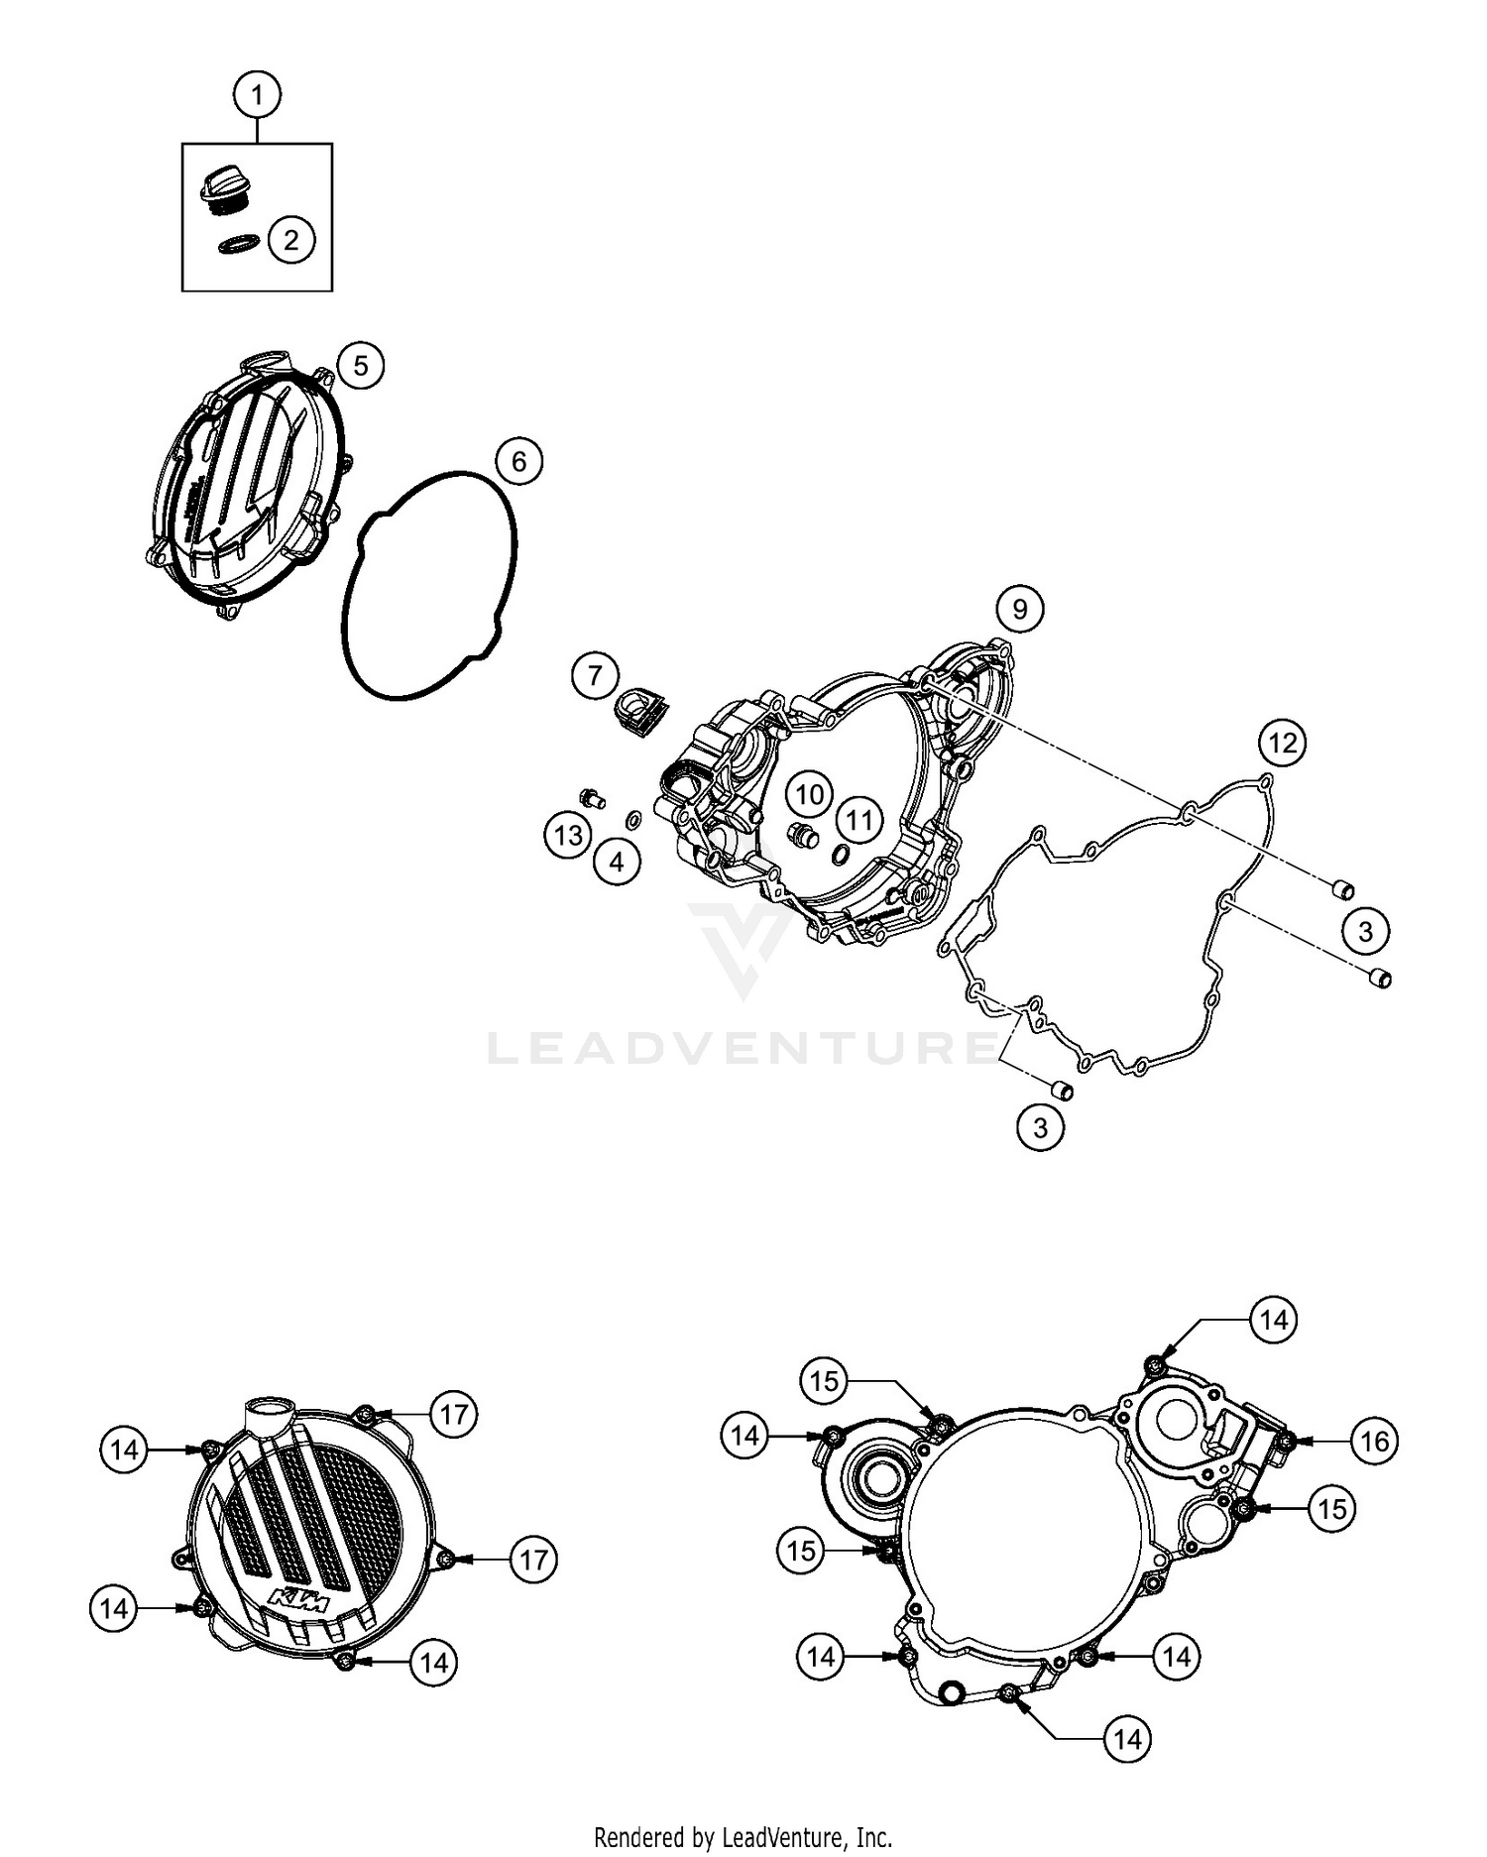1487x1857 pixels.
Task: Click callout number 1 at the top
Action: pos(258,95)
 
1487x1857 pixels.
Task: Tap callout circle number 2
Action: pos(290,239)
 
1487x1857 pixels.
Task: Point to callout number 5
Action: pos(360,366)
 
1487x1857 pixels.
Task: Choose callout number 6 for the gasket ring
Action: pos(518,461)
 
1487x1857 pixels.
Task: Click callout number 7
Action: pos(595,676)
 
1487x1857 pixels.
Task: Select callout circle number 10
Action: pos(810,793)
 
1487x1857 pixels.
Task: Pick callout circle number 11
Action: pos(858,819)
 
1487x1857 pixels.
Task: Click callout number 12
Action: pos(1283,742)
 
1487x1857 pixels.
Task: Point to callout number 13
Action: pos(568,836)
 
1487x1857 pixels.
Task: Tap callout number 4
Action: pos(617,862)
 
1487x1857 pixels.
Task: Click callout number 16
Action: pos(1375,1441)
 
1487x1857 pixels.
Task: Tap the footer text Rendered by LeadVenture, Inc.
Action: pos(743,1837)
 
